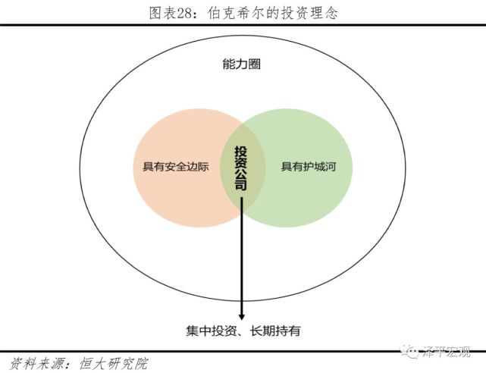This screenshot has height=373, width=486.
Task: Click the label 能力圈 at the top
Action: click(242, 64)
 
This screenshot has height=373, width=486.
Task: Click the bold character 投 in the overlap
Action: click(242, 151)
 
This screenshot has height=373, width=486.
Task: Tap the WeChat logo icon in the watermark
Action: click(412, 351)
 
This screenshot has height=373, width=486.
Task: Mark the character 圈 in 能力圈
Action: click(254, 64)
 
